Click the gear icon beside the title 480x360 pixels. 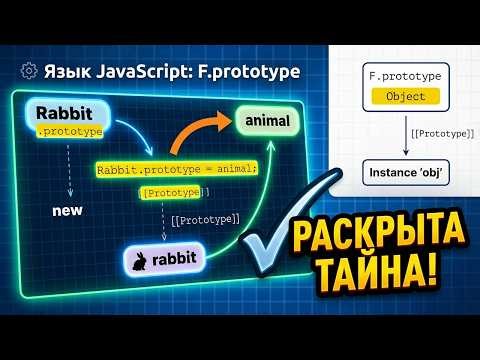coord(28,71)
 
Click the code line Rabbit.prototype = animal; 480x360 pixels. coord(176,169)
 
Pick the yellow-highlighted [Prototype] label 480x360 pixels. coord(175,191)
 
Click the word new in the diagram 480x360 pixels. coord(65,212)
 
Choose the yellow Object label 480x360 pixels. coord(405,97)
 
